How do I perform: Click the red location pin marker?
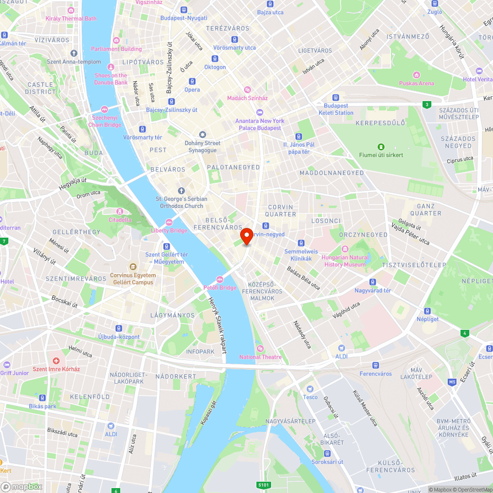246,236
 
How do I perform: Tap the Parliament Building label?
116,49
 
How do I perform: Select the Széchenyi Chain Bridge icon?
104,109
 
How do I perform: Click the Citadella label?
120,219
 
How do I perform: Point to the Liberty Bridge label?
169,230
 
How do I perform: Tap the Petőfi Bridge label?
220,287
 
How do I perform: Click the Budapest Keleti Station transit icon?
336,98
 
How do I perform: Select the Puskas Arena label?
417,83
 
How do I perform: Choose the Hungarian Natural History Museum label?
345,261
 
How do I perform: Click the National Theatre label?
260,357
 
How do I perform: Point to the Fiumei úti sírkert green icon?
381,147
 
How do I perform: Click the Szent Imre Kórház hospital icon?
56,361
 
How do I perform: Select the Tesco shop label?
310,397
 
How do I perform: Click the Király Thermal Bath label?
71,19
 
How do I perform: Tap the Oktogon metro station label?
215,67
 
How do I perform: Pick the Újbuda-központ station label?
119,337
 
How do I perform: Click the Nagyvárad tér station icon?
373,282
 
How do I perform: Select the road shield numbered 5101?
264,486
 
